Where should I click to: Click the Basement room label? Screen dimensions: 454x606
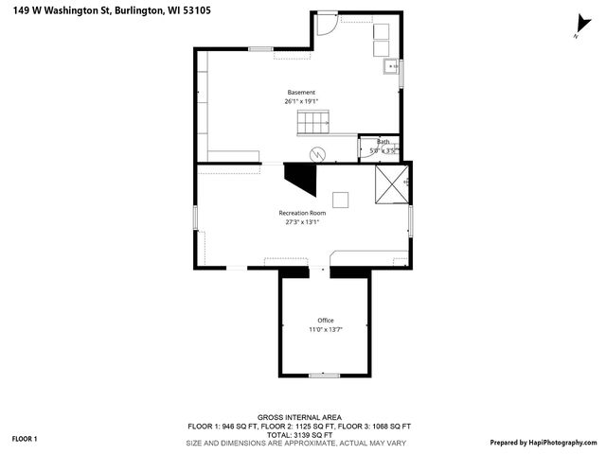tap(301, 93)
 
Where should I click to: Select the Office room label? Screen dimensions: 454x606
tap(325, 321)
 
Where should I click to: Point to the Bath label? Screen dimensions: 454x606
tap(383, 142)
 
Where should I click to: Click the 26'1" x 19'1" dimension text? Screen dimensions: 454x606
tap(301, 101)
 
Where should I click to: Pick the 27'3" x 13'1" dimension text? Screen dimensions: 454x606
tap(302, 222)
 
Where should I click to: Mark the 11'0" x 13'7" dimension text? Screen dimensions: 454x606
tap(325, 329)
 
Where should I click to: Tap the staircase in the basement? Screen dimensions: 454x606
tap(314, 122)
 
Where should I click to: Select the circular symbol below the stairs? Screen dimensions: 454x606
tap(318, 153)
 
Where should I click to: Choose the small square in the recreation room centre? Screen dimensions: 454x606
tap(340, 199)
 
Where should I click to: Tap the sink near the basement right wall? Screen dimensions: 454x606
tap(389, 67)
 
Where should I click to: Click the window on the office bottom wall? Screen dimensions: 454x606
tap(324, 375)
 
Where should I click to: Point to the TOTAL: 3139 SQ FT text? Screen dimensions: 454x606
tap(299, 434)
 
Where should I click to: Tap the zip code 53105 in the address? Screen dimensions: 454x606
tap(211, 11)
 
